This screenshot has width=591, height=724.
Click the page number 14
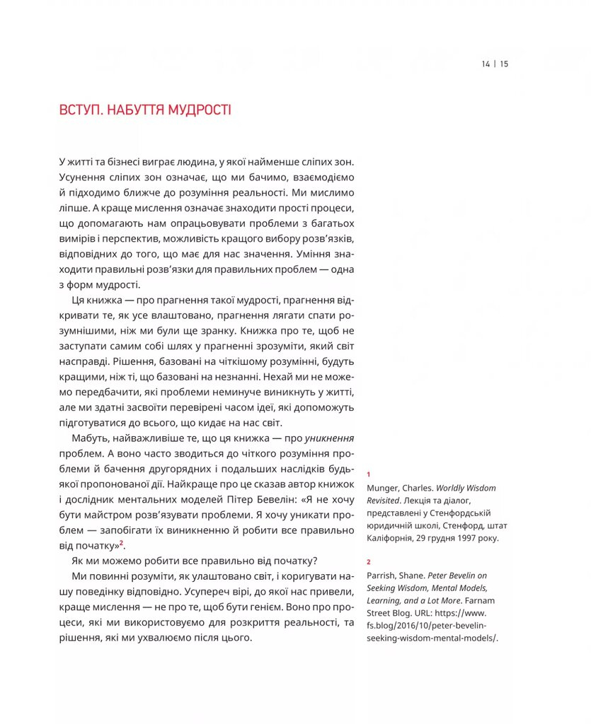(486, 64)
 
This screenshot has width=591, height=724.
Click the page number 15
(504, 64)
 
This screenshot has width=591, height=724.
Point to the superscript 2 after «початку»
(121, 543)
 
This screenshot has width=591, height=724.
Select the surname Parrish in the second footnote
(383, 576)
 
